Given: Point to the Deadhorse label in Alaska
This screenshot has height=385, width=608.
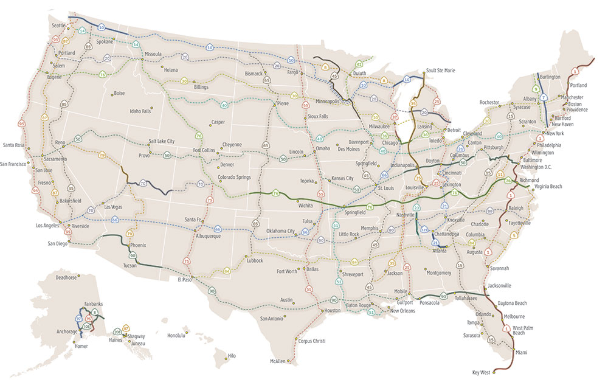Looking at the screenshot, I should [67, 277].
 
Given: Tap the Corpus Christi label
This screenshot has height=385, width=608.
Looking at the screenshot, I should [316, 341].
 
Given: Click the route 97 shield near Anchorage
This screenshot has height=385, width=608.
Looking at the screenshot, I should [78, 318].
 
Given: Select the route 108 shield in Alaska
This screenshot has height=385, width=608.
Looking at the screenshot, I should [87, 327].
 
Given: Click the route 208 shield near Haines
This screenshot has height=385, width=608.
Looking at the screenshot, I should [117, 332].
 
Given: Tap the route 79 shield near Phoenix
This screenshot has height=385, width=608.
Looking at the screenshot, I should [129, 234].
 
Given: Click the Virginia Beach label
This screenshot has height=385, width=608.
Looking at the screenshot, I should [547, 188].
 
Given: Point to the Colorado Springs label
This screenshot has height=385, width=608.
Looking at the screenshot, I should [234, 178].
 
